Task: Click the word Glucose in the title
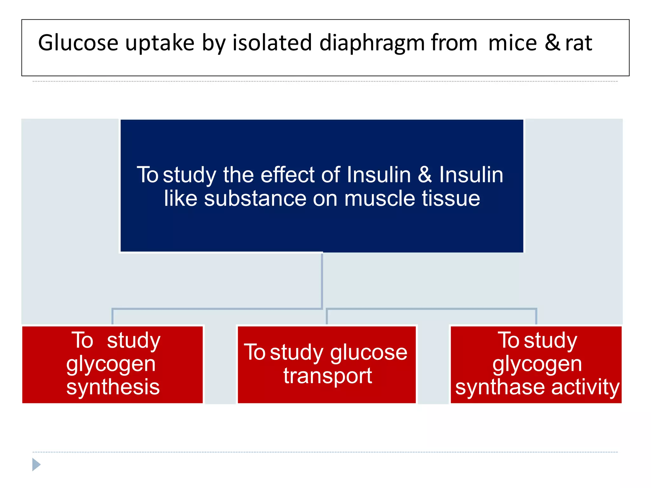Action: pos(78,43)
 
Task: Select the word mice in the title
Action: pos(512,43)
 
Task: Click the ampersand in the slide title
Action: pos(552,43)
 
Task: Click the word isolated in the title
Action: pos(272,43)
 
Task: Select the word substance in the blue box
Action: pos(255,199)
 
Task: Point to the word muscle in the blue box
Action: pos(380,199)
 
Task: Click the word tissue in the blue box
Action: pos(451,199)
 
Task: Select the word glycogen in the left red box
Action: pos(111,365)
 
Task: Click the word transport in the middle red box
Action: pos(327,376)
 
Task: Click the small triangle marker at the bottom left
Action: pos(36,464)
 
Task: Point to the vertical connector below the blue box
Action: pos(322,280)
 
